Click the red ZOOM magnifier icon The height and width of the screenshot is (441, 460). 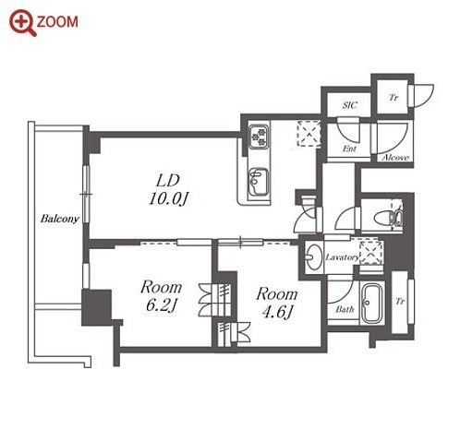(22, 23)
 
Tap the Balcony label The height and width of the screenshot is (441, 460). (60, 219)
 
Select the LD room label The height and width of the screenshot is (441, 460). (168, 181)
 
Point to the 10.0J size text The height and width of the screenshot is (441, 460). (168, 198)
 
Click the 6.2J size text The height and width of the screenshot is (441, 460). (161, 305)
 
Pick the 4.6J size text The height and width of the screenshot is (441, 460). (276, 312)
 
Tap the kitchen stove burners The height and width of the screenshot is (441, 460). (259, 136)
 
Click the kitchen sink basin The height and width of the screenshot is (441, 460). (258, 182)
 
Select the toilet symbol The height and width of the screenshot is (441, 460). (389, 218)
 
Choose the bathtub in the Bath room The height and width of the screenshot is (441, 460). (371, 304)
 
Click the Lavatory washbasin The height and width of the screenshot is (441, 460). (314, 257)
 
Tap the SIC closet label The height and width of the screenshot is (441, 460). (350, 105)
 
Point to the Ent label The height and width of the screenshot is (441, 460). (349, 149)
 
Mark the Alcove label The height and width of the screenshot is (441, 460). (395, 158)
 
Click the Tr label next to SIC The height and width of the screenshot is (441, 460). (393, 98)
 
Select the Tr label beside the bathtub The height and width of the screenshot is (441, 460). (400, 302)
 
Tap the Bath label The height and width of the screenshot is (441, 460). (345, 309)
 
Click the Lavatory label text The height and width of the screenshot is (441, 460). (342, 257)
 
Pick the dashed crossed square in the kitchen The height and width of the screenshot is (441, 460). (309, 134)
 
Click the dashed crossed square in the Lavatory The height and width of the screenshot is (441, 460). (371, 253)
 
